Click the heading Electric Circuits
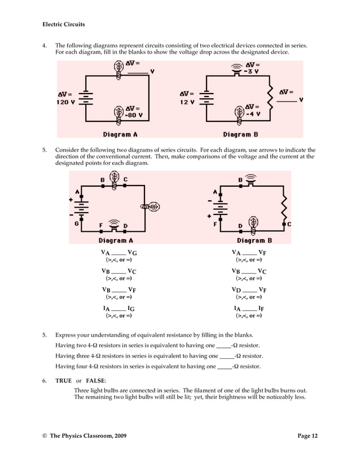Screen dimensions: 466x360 tap(63, 24)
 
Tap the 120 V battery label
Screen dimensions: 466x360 tap(67, 102)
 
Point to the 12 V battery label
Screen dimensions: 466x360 tap(187, 102)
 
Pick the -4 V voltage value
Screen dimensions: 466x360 tap(253, 113)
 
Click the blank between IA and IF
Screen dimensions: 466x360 tap(249, 310)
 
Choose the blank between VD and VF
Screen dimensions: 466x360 tap(249, 291)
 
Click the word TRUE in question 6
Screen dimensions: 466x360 tap(63, 381)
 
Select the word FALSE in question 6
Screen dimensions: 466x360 tap(96, 381)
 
